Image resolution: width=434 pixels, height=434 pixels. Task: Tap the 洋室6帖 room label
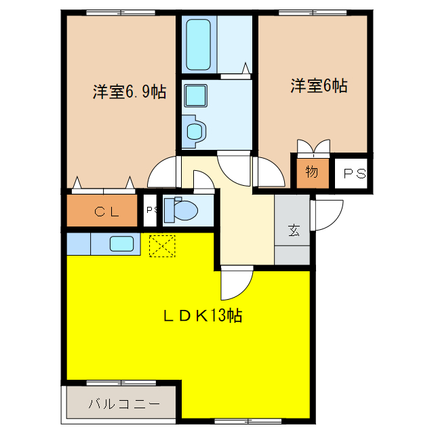(319, 86)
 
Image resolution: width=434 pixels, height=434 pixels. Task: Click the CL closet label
(106, 212)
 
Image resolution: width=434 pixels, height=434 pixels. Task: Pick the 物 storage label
(311, 172)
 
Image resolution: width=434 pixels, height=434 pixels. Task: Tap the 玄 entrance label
(293, 231)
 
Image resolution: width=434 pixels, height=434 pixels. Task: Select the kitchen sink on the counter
(122, 243)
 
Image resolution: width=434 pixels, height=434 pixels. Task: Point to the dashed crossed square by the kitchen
(162, 245)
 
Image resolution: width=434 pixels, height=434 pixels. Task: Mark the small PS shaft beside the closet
(150, 210)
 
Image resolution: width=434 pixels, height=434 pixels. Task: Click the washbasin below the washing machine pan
(195, 130)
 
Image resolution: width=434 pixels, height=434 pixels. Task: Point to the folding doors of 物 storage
(313, 147)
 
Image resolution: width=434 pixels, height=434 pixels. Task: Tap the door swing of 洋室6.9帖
(163, 173)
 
